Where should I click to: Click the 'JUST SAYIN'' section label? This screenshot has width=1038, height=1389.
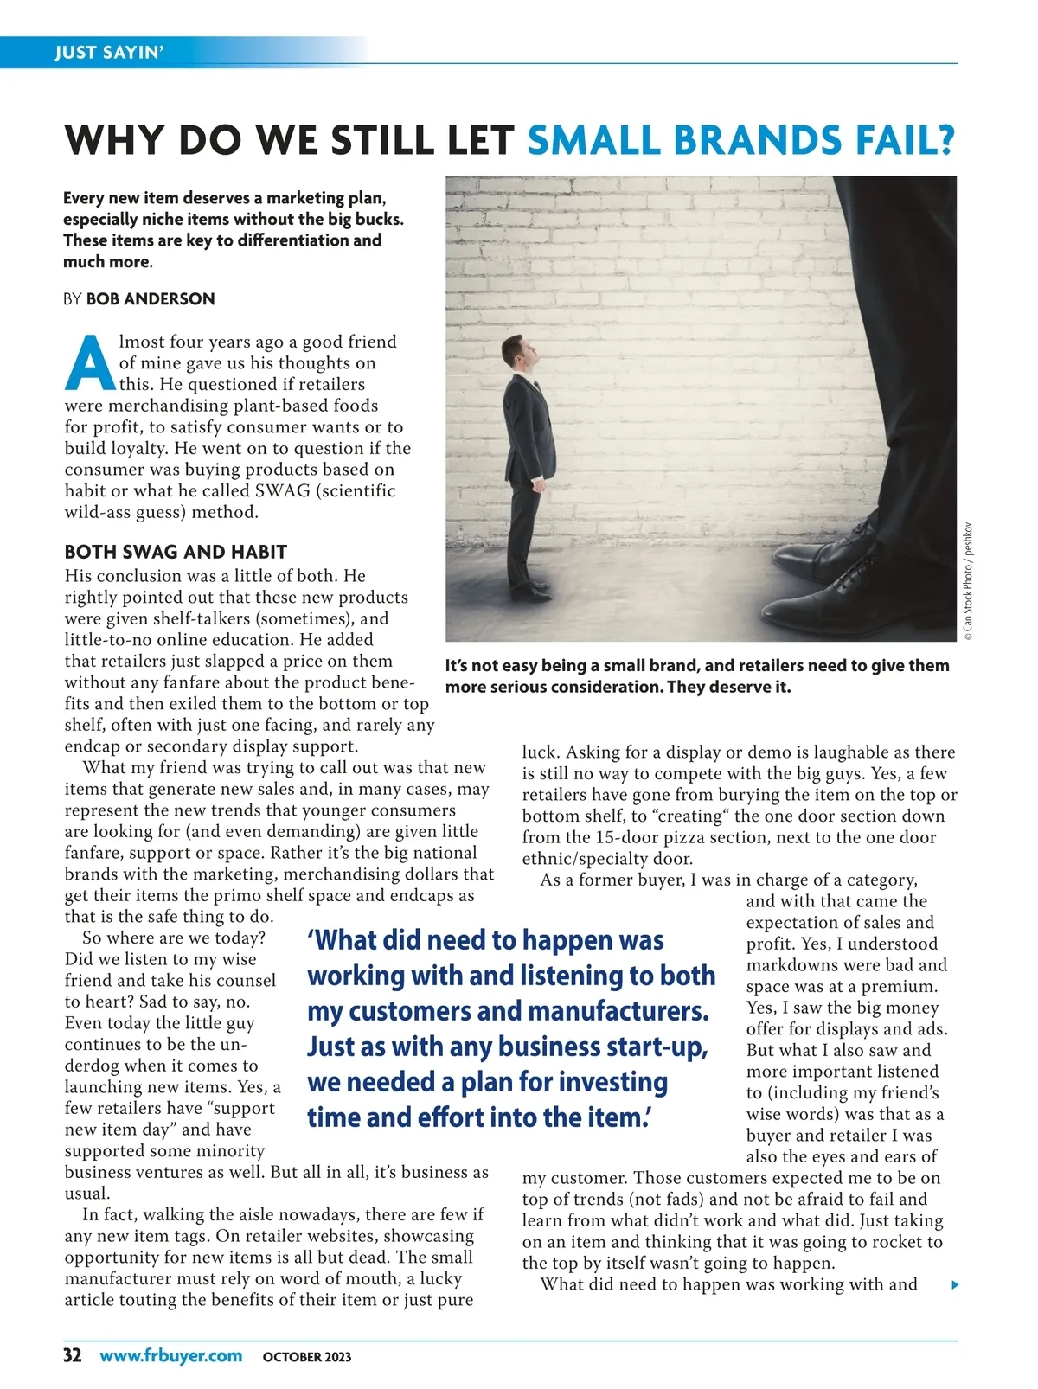point(108,53)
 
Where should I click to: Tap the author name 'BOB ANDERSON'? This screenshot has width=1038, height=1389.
point(151,299)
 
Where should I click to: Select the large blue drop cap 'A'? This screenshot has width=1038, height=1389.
point(89,362)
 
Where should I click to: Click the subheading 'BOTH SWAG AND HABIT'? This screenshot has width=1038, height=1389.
point(176,552)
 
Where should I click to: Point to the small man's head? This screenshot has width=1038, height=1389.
point(516,352)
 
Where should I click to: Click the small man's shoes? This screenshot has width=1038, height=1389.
point(529,592)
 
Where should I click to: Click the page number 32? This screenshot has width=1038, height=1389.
point(73,1355)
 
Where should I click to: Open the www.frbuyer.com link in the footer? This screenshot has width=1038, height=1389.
point(170,1355)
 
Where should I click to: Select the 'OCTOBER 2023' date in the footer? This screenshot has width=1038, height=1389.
point(307,1357)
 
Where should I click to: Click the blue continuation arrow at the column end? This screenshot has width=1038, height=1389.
point(955,1285)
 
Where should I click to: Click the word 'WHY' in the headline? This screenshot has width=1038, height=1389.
point(114,140)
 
